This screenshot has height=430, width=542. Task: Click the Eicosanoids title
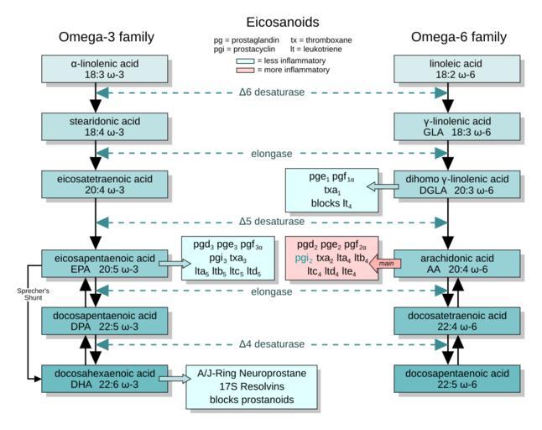[270, 22]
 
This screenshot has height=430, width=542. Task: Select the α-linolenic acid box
[98, 69]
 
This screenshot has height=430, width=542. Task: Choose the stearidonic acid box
[98, 127]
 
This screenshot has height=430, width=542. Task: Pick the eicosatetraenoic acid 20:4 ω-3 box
[98, 185]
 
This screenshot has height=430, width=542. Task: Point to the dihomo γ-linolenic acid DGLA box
[451, 185]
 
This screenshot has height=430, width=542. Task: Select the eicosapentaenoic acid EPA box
[98, 263]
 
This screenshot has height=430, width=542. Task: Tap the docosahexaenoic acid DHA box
[98, 379]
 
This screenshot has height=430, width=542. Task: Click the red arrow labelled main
[387, 264]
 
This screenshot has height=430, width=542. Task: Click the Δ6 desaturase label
[271, 92]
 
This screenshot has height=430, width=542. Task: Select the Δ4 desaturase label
[271, 344]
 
